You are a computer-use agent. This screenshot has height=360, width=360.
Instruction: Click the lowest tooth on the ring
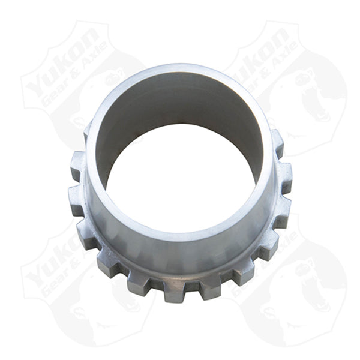point(174,290)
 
